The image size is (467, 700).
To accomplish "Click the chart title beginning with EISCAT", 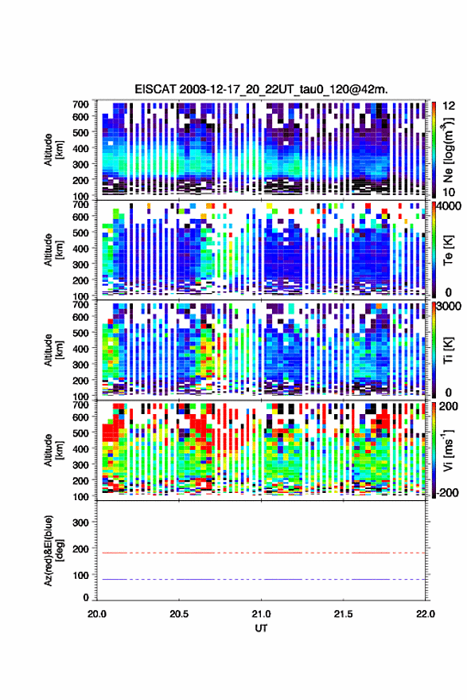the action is pyautogui.click(x=262, y=89).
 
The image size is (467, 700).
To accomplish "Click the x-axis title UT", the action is pyautogui.click(x=262, y=628).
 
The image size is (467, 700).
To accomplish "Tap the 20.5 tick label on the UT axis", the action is pyautogui.click(x=179, y=614).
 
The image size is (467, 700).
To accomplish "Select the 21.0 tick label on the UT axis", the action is pyautogui.click(x=262, y=614).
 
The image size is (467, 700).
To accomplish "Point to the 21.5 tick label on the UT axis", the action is pyautogui.click(x=343, y=614).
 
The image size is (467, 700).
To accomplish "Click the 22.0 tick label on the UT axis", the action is pyautogui.click(x=425, y=614).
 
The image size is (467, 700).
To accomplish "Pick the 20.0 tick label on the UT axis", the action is pyautogui.click(x=97, y=614).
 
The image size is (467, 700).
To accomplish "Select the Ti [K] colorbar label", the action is pyautogui.click(x=448, y=350).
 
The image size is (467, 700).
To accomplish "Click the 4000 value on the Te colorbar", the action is pyautogui.click(x=449, y=206).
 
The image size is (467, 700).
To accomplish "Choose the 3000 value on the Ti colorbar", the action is pyautogui.click(x=449, y=307).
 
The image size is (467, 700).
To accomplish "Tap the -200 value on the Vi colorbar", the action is pyautogui.click(x=448, y=492).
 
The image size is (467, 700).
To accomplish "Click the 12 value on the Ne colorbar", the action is pyautogui.click(x=449, y=106).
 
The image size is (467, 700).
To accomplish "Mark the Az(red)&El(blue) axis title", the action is pyautogui.click(x=53, y=550).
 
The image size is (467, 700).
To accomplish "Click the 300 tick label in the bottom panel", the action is pyautogui.click(x=80, y=522).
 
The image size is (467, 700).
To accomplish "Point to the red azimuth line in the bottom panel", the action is pyautogui.click(x=261, y=553).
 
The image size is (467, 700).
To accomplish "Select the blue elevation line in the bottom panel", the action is pyautogui.click(x=261, y=579).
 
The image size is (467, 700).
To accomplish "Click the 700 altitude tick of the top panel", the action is pyautogui.click(x=80, y=104).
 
